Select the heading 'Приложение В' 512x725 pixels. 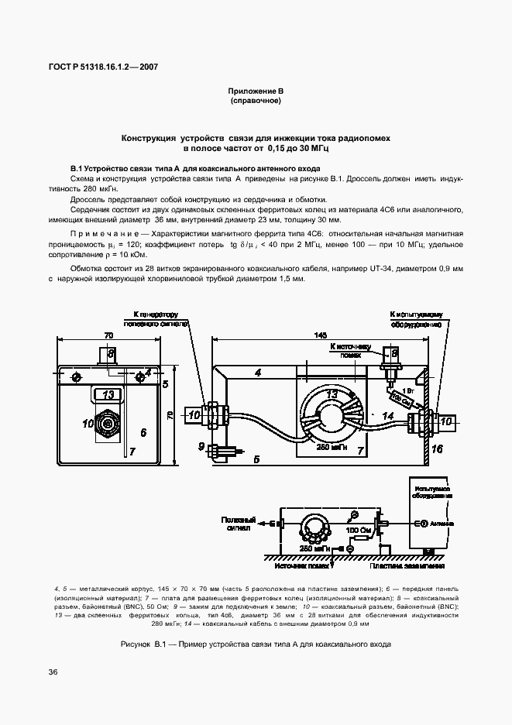point(256,91)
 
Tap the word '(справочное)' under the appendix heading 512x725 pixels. point(256,101)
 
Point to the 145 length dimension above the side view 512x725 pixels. point(321,335)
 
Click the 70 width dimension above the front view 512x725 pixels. point(108,335)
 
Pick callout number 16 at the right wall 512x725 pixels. point(459,448)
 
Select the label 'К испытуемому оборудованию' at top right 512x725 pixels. point(416,319)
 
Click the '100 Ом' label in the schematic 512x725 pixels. point(358,529)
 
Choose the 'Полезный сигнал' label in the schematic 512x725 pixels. point(238,524)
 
